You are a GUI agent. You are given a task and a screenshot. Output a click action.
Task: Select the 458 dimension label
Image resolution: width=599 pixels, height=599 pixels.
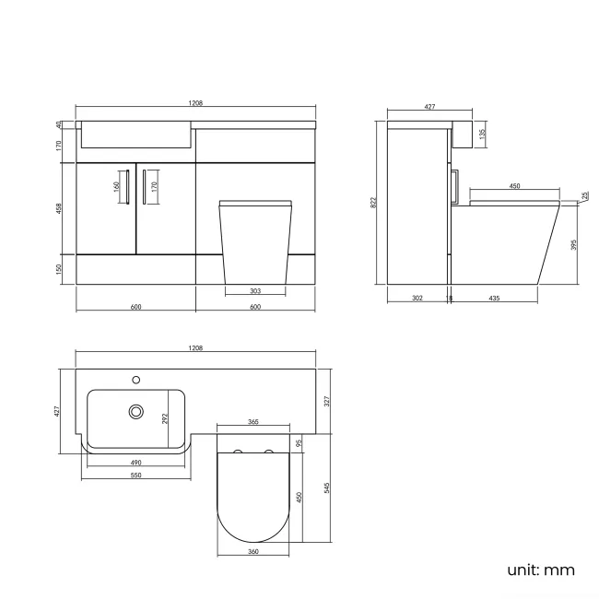click(x=58, y=208)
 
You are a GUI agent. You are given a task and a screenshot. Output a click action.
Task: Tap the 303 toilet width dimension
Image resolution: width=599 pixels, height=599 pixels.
click(x=255, y=291)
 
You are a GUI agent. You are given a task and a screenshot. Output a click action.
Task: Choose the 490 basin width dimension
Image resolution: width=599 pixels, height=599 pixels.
click(x=135, y=463)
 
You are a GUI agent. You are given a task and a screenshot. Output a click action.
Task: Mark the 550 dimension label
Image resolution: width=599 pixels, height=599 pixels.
click(x=135, y=476)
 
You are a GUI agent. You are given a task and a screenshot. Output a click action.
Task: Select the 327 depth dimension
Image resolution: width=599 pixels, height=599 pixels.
click(x=328, y=400)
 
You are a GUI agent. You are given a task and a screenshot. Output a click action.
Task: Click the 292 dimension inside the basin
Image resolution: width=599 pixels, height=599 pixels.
click(x=166, y=417)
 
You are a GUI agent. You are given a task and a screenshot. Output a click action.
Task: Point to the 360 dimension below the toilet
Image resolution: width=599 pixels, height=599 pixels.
click(x=253, y=551)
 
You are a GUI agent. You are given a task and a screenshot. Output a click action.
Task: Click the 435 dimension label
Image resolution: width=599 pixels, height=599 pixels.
click(x=494, y=298)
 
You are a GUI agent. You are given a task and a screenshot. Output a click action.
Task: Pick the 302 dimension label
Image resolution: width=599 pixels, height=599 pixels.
click(x=417, y=298)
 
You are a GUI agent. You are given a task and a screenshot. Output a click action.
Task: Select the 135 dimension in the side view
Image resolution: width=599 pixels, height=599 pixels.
click(x=483, y=134)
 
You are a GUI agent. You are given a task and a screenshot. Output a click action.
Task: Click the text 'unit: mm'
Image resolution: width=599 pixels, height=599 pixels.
click(x=540, y=570)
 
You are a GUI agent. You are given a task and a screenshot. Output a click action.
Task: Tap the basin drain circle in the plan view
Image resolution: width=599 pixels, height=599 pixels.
click(x=136, y=411)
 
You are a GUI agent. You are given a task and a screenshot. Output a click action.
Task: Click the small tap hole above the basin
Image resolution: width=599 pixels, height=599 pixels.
click(x=136, y=378)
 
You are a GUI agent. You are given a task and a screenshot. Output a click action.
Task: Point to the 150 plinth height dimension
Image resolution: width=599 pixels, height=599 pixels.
click(x=58, y=268)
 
